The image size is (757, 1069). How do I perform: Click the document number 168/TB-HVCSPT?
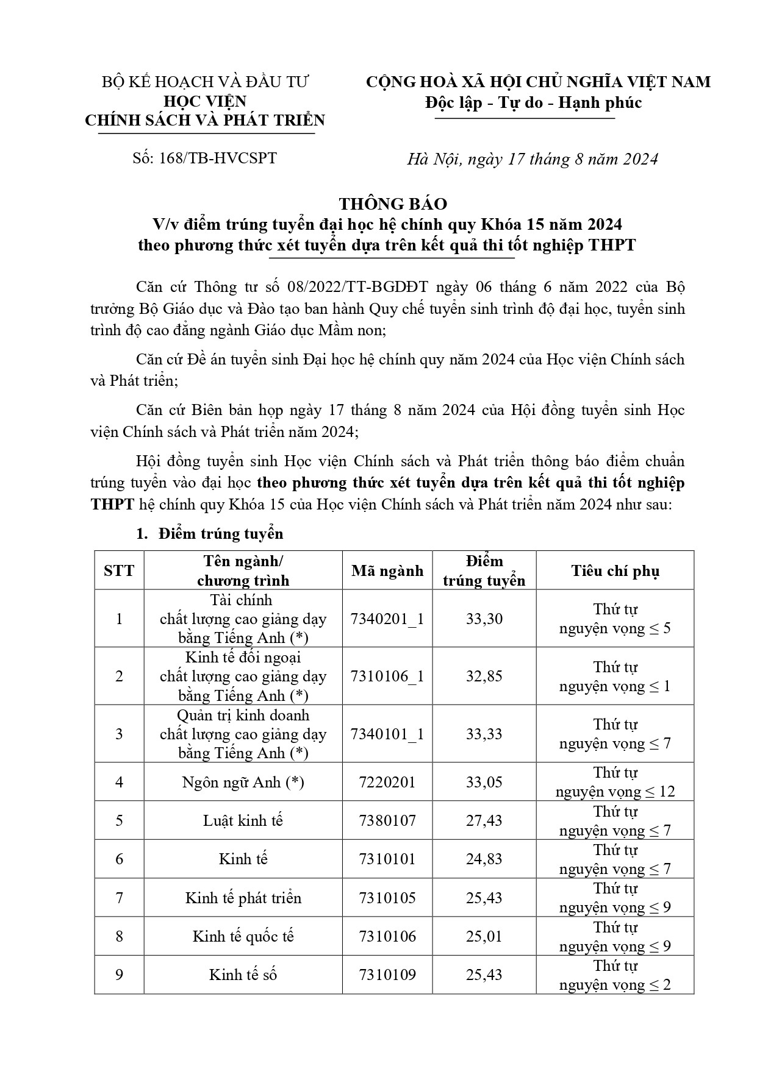click(204, 158)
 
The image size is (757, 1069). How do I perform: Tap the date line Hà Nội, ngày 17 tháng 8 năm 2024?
click(533, 159)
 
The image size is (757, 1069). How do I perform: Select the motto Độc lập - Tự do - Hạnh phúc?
click(533, 102)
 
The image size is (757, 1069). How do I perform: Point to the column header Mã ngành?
click(387, 570)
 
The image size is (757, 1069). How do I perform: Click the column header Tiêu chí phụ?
click(615, 570)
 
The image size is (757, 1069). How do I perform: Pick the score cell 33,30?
click(484, 619)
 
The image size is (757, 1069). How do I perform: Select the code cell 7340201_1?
click(387, 619)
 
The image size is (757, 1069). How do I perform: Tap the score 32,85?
click(484, 676)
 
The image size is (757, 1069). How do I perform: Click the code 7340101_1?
click(387, 734)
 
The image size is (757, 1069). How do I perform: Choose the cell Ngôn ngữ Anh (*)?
click(243, 782)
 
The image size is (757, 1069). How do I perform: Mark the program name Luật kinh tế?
click(243, 820)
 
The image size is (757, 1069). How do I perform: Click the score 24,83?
click(484, 859)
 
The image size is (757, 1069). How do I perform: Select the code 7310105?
click(387, 898)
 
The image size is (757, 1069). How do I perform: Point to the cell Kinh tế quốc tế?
click(243, 936)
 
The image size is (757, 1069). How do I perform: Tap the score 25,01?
click(484, 936)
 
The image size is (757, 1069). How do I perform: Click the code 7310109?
click(387, 975)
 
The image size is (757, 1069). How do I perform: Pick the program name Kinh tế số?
click(243, 975)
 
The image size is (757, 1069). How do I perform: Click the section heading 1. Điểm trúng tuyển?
click(209, 534)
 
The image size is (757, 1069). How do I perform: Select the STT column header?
click(119, 570)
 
